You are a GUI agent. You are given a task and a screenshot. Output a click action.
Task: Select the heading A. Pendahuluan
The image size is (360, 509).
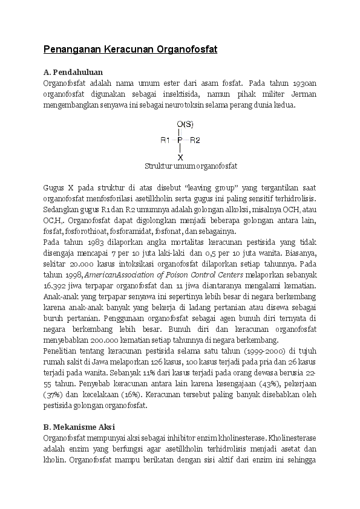pos(73,72)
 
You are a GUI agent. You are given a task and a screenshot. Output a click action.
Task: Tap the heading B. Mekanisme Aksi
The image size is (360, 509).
pos(81,427)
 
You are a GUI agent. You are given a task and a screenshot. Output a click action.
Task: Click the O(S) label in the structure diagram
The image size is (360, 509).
pos(185,125)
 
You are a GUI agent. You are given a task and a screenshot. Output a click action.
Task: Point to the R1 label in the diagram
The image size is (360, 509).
pos(165,140)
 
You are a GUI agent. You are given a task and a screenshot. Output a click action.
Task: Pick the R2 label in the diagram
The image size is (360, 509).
pos(195,140)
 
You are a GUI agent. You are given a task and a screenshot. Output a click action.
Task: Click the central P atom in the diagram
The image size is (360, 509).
pos(180,140)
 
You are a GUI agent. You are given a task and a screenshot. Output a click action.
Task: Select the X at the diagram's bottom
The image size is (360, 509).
pos(180,157)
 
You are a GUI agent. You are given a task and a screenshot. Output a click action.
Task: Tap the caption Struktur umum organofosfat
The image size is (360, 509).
pos(191,166)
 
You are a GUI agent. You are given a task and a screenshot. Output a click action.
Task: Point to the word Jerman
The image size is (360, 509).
pos(303,94)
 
